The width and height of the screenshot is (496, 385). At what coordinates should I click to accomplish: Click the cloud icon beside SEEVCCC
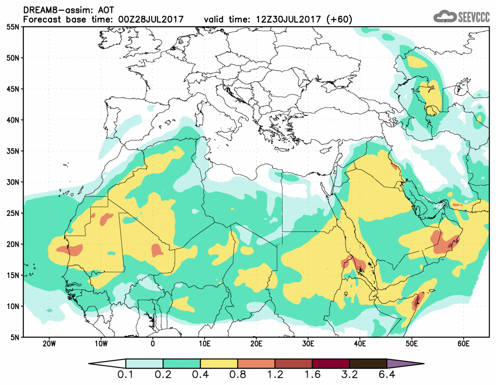click(x=444, y=16)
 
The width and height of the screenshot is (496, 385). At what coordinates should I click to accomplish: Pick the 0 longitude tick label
click(x=153, y=344)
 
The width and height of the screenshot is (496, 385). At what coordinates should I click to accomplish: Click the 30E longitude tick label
click(x=308, y=344)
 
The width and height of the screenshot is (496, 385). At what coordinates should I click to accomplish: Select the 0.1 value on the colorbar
click(x=126, y=376)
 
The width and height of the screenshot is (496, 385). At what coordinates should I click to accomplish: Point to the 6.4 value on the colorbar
click(x=387, y=376)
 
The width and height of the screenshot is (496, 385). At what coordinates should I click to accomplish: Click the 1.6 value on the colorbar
click(x=312, y=376)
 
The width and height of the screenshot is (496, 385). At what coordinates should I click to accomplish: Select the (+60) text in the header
click(x=337, y=20)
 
